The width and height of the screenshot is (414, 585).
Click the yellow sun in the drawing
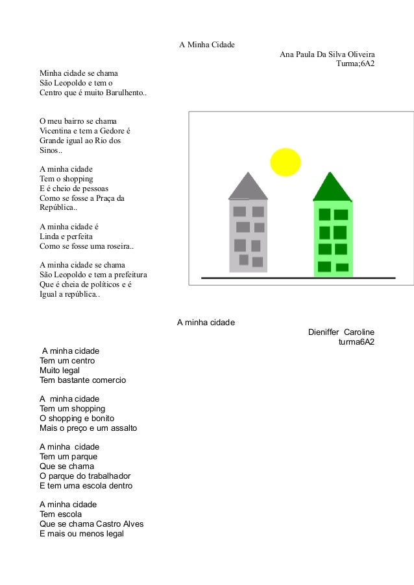click(285, 163)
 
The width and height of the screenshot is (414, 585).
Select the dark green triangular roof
click(332, 189)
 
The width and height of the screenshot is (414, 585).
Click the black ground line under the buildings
click(298, 278)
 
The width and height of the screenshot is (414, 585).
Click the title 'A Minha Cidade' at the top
click(206, 45)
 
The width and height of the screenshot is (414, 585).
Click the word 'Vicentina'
click(58, 130)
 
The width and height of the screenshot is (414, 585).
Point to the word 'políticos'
click(101, 285)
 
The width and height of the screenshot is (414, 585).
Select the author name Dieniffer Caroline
click(341, 332)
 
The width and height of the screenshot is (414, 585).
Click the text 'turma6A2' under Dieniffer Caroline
click(356, 342)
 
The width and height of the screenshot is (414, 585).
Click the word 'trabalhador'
click(106, 476)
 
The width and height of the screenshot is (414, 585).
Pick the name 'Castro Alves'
click(119, 524)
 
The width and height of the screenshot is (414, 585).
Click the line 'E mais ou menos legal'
click(81, 534)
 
